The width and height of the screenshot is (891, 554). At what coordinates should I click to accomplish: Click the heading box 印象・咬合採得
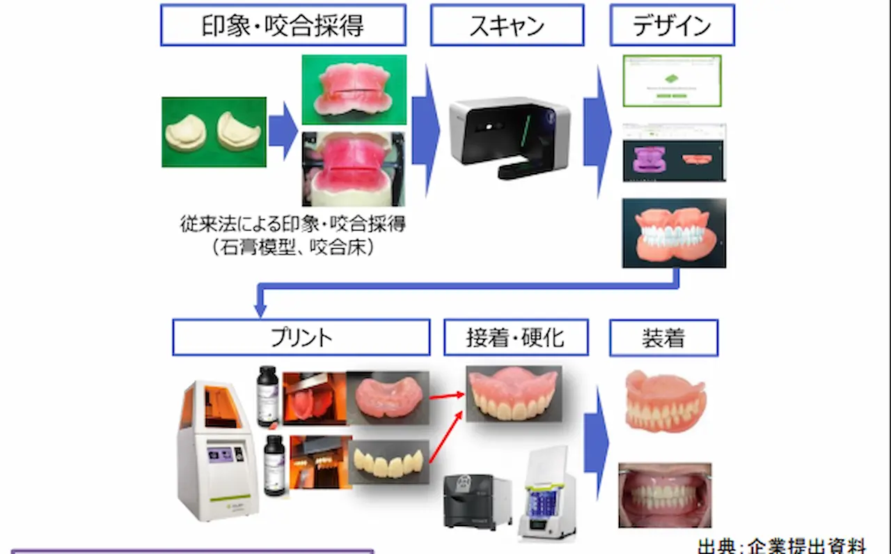[x=283, y=25]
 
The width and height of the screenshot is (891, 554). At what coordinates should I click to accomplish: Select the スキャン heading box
[x=507, y=25]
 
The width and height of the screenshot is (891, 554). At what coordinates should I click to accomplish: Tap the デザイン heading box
[x=672, y=25]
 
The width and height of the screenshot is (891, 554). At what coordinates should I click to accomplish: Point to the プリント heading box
[x=301, y=337]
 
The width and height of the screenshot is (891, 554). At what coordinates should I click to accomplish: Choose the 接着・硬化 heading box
[x=516, y=337]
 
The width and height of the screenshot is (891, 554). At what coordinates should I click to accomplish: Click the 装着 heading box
[x=663, y=338]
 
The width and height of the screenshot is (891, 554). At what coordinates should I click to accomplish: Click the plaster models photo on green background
[x=214, y=132]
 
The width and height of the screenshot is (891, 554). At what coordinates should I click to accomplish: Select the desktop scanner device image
[x=509, y=137]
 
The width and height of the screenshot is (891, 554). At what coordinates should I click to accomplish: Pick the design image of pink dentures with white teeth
[x=674, y=233]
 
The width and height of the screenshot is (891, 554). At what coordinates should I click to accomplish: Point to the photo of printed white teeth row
[x=388, y=461]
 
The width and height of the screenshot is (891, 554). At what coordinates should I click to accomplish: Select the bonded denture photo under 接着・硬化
[x=514, y=394]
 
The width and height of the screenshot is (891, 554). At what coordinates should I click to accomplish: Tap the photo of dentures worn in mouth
[x=665, y=495]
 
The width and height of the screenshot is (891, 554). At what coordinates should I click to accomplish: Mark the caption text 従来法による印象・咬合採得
[x=292, y=225]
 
